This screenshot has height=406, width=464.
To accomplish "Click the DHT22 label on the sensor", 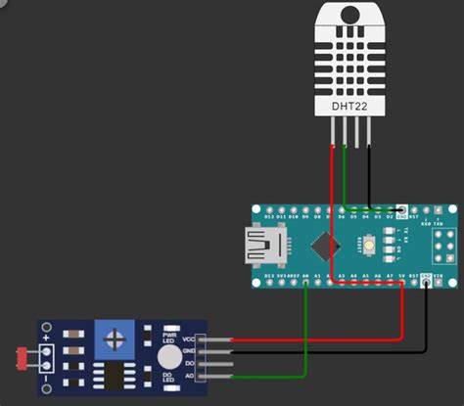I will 349,105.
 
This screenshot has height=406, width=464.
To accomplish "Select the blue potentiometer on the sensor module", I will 115,341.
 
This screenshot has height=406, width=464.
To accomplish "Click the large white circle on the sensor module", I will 169,357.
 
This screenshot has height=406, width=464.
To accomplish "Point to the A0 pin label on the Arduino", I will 307,276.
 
